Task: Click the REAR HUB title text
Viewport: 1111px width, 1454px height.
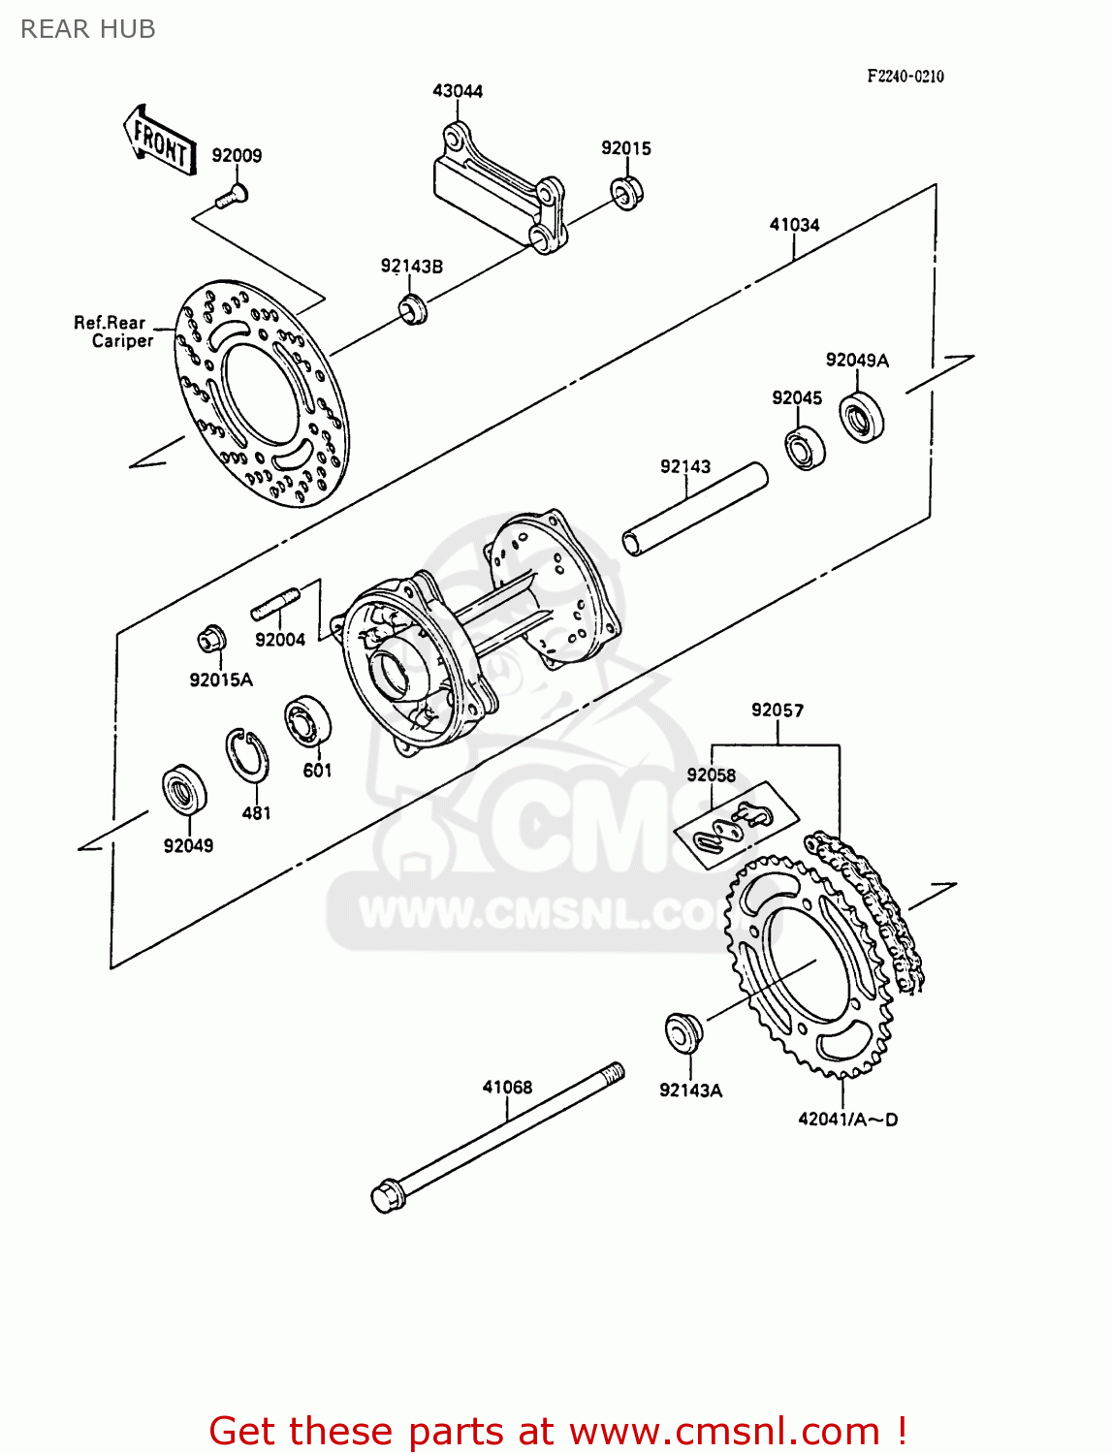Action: pyautogui.click(x=87, y=29)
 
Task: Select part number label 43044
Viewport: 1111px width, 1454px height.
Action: pyautogui.click(x=457, y=91)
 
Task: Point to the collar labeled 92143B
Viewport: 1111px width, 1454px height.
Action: pyautogui.click(x=414, y=309)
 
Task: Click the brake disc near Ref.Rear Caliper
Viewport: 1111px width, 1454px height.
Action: pyautogui.click(x=262, y=393)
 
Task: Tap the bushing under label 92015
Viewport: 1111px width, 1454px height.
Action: pyautogui.click(x=627, y=192)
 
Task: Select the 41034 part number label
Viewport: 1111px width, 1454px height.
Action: pyautogui.click(x=794, y=225)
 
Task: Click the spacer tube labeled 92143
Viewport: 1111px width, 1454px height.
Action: pyautogui.click(x=695, y=509)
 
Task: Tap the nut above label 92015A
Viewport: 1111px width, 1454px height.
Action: pyautogui.click(x=211, y=640)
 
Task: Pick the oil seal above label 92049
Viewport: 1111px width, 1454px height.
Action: pyautogui.click(x=183, y=788)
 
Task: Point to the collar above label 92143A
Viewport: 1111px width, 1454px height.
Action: pyautogui.click(x=682, y=1031)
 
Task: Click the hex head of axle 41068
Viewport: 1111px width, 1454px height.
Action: pyautogui.click(x=387, y=1195)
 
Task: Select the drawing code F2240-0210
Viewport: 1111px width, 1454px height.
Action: pyautogui.click(x=905, y=77)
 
